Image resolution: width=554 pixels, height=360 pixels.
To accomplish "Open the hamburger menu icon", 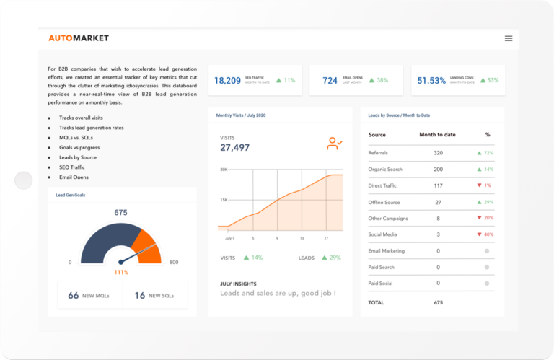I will pos(509,38).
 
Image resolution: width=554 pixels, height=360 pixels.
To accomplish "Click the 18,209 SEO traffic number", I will pos(227,81).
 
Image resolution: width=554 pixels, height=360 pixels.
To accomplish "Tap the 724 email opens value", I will pos(330,81).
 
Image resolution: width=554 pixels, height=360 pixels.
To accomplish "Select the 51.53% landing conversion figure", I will pos(431,81).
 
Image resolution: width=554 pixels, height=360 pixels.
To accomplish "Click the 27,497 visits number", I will pos(234,148).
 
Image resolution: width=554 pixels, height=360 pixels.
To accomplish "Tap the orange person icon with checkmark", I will pos(334,144).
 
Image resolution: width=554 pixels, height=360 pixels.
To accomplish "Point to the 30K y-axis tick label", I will pos(224,170).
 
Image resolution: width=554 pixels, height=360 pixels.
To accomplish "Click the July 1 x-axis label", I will pos(229,237).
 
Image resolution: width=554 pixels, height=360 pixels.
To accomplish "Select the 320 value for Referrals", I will pos(438,153).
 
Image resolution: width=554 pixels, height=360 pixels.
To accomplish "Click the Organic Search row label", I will pos(385,170).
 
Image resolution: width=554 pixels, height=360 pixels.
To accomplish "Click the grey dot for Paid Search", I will pos(487,268).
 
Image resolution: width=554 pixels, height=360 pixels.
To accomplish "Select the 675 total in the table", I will pos(438,302).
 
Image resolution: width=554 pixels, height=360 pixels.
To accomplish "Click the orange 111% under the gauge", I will pos(120,272).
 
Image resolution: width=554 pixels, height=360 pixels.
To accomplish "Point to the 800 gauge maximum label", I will pos(173,263).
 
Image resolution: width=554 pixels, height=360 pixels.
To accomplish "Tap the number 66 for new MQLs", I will pos(73,296).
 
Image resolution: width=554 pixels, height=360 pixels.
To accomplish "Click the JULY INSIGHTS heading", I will pos(238,284).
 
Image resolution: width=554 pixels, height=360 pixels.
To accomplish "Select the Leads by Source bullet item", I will pos(78,157).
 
